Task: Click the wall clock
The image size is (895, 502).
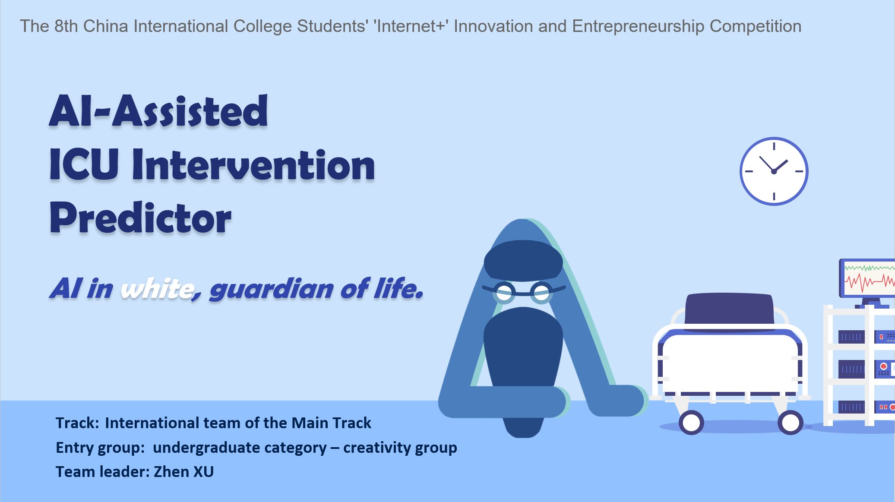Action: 774,171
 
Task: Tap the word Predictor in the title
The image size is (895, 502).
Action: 141,218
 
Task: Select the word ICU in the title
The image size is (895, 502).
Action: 84,164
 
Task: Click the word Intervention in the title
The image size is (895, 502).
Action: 253,164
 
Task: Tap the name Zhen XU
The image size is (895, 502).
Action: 184,472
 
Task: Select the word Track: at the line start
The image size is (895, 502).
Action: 78,423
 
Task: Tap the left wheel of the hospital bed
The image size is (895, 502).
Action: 691,423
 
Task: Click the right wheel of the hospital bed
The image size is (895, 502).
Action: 791,423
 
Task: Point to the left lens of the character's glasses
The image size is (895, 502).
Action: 504,293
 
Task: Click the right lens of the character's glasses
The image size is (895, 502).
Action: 541,293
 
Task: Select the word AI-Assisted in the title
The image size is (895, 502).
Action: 158,111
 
